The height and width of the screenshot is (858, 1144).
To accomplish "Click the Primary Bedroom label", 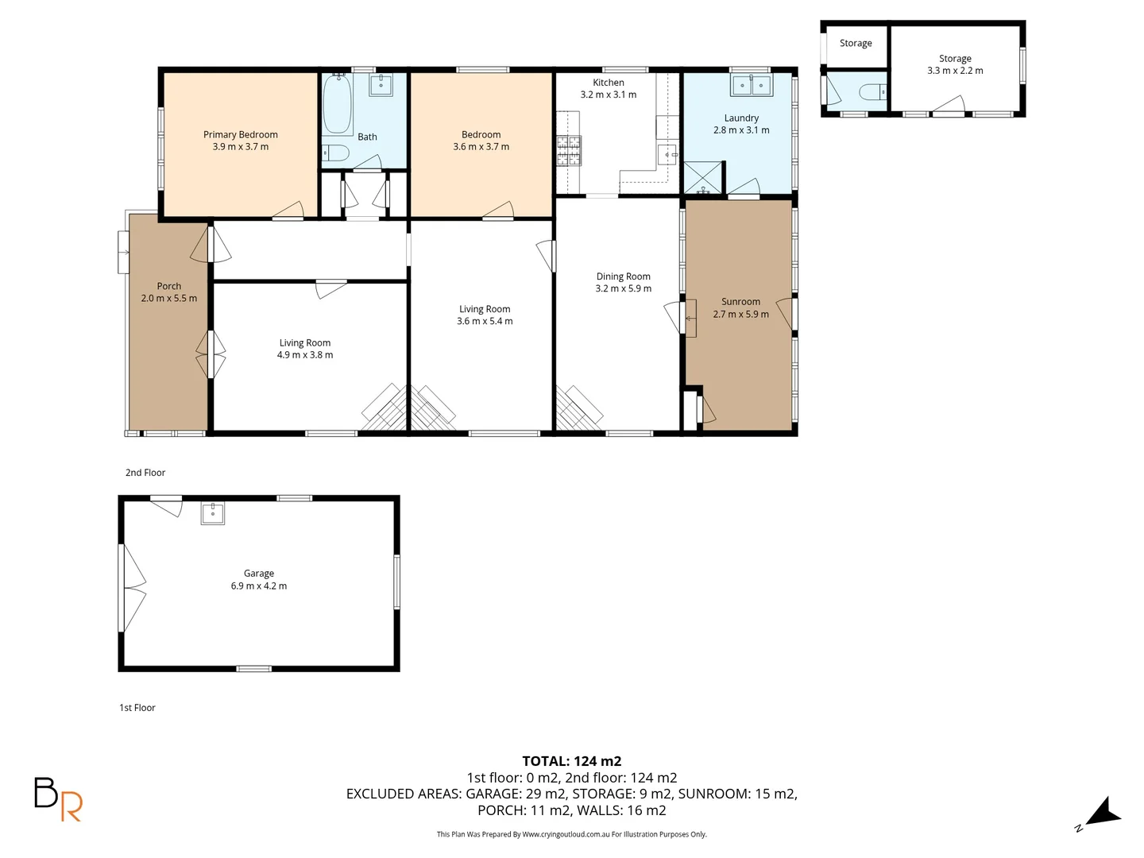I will point(240,134).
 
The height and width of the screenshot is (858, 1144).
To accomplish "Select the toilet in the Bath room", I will point(335,153).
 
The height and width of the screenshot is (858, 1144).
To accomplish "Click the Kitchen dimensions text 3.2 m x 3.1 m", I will point(608,95).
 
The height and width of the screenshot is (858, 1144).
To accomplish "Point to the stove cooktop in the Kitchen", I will point(568,151).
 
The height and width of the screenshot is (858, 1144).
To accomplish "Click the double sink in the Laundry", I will point(751,84).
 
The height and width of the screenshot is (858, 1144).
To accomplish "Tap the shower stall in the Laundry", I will point(704,177).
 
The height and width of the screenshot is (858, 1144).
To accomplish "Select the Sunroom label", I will point(740,302).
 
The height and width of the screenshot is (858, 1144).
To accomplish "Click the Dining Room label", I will point(623,276).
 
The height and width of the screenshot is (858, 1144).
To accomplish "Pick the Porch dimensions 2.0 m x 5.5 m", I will point(168,299).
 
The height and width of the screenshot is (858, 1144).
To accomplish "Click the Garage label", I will point(258,573).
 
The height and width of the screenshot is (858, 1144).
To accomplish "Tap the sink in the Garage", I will point(212,513).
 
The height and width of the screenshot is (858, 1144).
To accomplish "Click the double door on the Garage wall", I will point(132,588).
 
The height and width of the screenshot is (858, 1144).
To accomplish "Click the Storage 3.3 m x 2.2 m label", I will point(955,64).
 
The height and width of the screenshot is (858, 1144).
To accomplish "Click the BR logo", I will point(57,798).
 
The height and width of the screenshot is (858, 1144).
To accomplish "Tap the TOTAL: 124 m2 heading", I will point(571,761).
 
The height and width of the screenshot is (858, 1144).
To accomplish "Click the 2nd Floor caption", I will point(145,473).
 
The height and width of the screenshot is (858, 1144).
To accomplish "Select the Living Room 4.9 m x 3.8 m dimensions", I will point(305,355).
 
